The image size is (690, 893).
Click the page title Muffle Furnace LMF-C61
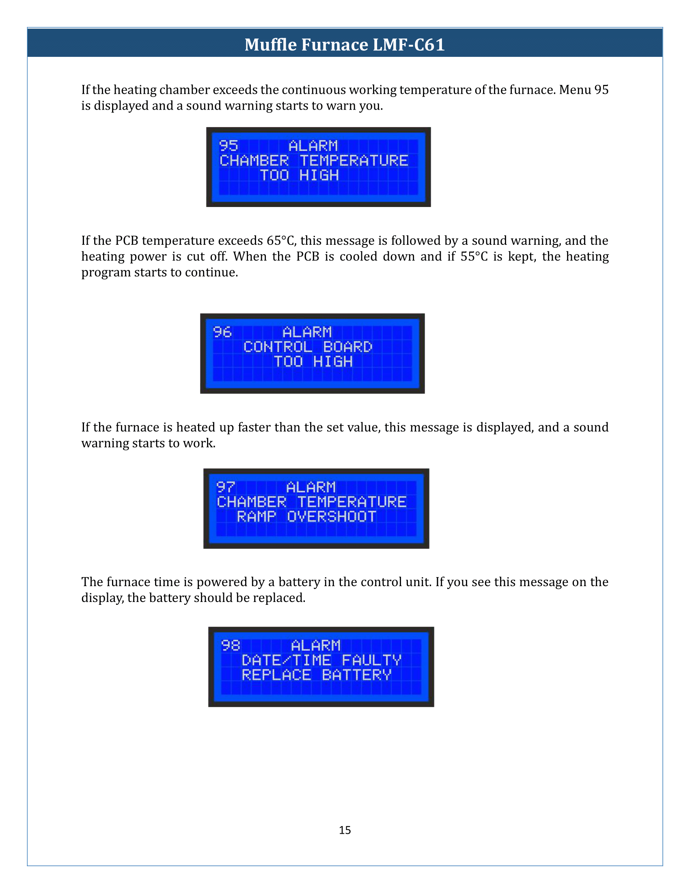click(x=345, y=45)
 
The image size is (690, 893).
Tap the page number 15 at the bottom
click(x=345, y=830)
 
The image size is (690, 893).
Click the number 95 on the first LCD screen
click(x=229, y=146)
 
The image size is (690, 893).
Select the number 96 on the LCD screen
click(x=222, y=332)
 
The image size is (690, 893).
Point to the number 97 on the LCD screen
click(x=226, y=487)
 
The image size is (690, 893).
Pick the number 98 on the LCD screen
click(x=231, y=645)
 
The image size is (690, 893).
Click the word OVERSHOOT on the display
click(x=332, y=516)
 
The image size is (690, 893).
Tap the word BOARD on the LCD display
click(x=348, y=347)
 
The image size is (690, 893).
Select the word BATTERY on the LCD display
click(x=357, y=675)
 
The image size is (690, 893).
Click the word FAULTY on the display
click(x=371, y=660)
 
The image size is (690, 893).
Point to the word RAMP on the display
click(x=256, y=516)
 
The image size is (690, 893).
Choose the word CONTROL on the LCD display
click(x=278, y=347)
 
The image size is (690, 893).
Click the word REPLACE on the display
click(x=276, y=675)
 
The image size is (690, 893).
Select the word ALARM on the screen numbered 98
click(x=315, y=645)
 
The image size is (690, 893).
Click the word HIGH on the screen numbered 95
click(x=319, y=175)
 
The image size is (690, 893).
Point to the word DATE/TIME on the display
click(x=286, y=660)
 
